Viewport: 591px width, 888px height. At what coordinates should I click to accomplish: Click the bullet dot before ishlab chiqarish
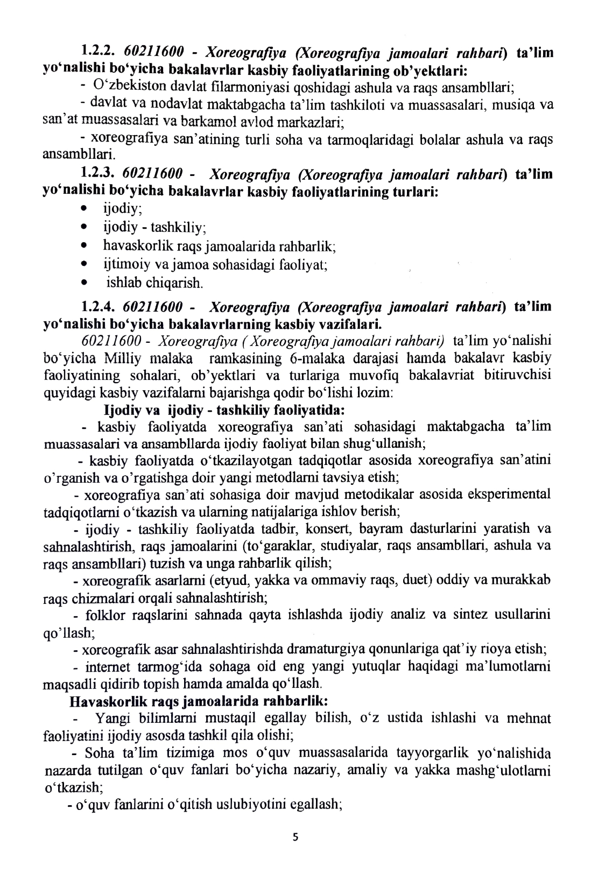83,283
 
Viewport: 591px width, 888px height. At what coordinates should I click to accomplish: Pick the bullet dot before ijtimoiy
83,265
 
